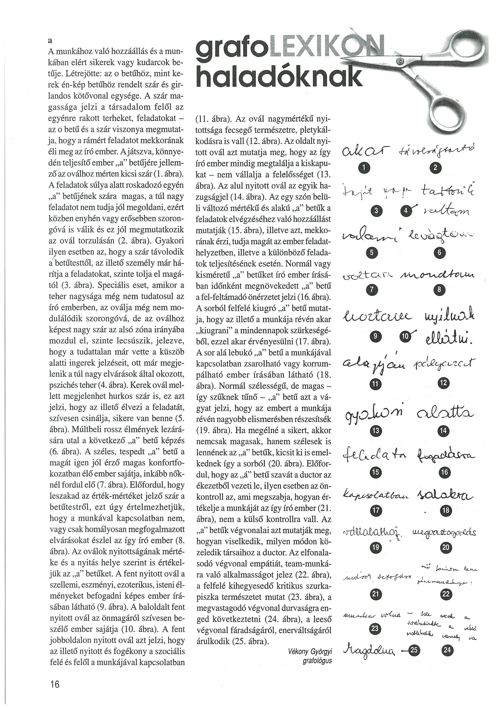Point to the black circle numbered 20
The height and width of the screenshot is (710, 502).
tap(446, 547)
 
